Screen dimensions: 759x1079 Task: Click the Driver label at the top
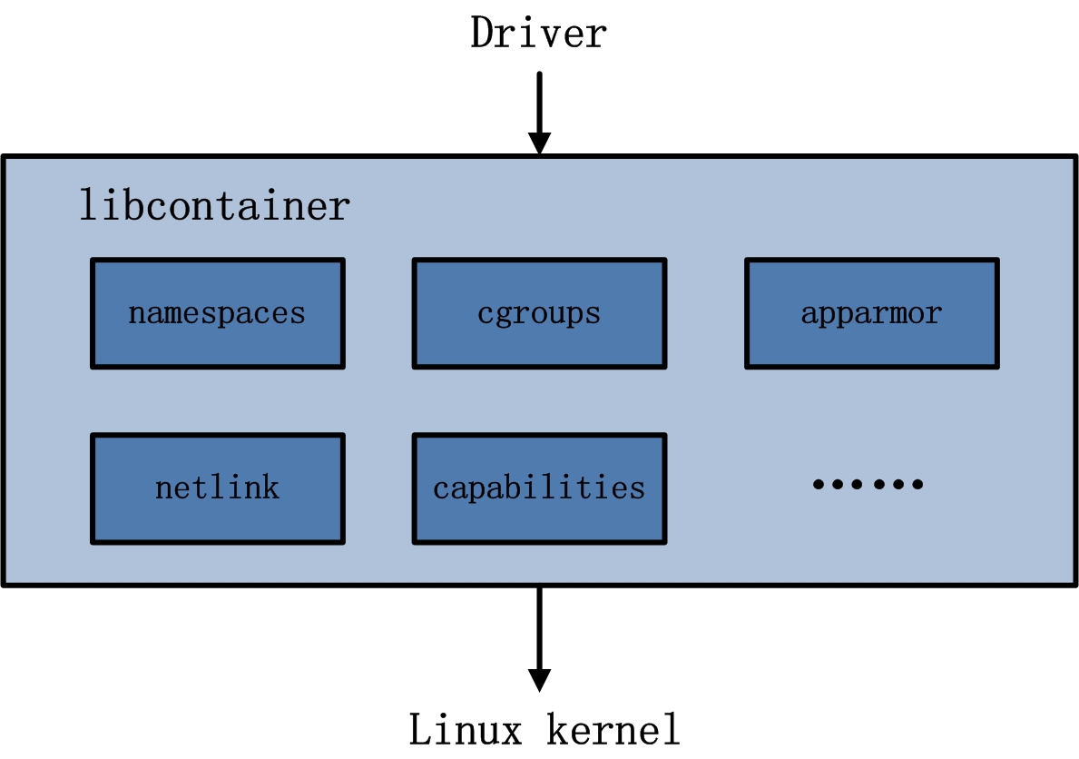[x=538, y=34]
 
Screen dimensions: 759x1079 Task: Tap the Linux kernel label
[x=544, y=729]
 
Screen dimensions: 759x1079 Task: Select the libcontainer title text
[x=214, y=205]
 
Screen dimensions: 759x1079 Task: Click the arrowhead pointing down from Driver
[x=540, y=143]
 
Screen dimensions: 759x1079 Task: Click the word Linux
[x=466, y=729]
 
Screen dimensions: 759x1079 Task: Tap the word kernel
[x=613, y=729]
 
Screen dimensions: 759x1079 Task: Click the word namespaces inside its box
[x=217, y=314]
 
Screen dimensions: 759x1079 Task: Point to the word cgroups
[x=539, y=314]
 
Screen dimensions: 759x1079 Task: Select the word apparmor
[x=871, y=314]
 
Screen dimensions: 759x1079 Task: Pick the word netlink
[x=217, y=488]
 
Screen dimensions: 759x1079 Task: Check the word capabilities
[x=539, y=488]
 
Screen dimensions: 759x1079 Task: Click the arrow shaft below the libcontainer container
[x=540, y=626]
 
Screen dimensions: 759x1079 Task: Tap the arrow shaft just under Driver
[x=540, y=100]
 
